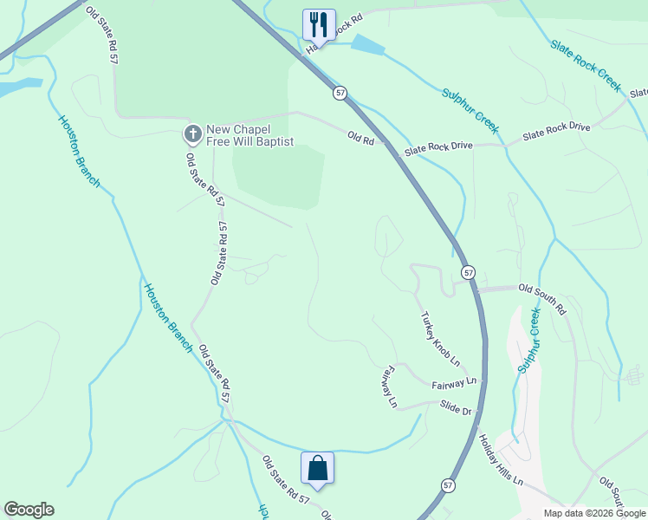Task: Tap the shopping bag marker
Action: [317, 468]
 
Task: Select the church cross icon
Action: [192, 133]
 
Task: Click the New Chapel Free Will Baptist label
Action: [250, 135]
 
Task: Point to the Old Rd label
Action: [360, 136]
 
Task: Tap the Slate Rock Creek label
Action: [585, 65]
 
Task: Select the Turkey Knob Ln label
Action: [440, 338]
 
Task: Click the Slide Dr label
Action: [455, 406]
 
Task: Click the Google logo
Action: [29, 510]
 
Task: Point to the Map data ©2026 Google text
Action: [594, 513]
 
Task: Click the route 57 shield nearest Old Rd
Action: [340, 92]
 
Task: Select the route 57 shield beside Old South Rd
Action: [468, 272]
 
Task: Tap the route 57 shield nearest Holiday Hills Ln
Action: [447, 485]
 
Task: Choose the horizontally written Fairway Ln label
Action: [454, 382]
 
